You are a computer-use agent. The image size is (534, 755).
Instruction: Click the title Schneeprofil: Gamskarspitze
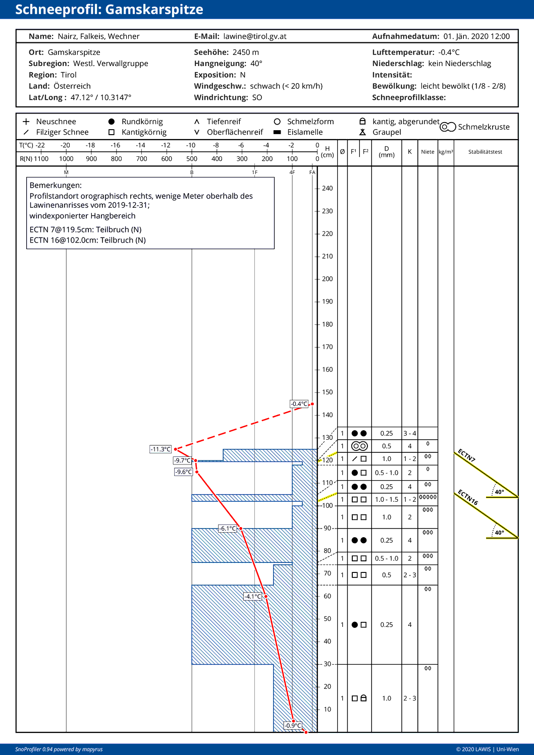pyautogui.click(x=109, y=10)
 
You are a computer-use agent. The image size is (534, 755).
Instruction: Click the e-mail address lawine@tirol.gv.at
pyautogui.click(x=255, y=36)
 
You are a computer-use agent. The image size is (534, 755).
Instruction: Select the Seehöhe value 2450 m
pyautogui.click(x=245, y=52)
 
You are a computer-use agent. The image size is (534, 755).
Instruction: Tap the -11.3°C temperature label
pyautogui.click(x=161, y=449)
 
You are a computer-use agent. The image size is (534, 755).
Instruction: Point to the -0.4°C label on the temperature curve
pyautogui.click(x=299, y=404)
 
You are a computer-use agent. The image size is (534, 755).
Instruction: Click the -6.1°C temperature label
pyautogui.click(x=228, y=529)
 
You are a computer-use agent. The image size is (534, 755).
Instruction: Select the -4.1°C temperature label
pyautogui.click(x=253, y=597)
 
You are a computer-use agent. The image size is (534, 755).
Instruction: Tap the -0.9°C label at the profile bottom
pyautogui.click(x=293, y=726)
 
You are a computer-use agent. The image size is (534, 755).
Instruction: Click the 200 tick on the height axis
pyautogui.click(x=327, y=279)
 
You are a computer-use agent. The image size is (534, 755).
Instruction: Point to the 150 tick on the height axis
pyautogui.click(x=327, y=392)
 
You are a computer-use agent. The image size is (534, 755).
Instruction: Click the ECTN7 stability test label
pyautogui.click(x=466, y=455)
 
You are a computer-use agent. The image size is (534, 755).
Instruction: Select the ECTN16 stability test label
pyautogui.click(x=467, y=497)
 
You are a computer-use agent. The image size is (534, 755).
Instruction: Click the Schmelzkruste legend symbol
pyautogui.click(x=448, y=127)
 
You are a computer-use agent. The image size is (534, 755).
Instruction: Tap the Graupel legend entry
pyautogui.click(x=387, y=132)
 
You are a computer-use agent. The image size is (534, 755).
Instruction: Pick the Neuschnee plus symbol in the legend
pyautogui.click(x=26, y=122)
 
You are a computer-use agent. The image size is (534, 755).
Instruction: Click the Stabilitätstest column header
pyautogui.click(x=485, y=152)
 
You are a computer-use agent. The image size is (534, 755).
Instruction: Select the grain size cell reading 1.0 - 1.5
pyautogui.click(x=386, y=499)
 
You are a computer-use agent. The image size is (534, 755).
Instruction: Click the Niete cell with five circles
pyautogui.click(x=428, y=497)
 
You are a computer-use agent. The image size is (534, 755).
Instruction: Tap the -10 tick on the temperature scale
pyautogui.click(x=191, y=145)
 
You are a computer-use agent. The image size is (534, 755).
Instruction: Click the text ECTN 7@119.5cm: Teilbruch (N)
pyautogui.click(x=85, y=229)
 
